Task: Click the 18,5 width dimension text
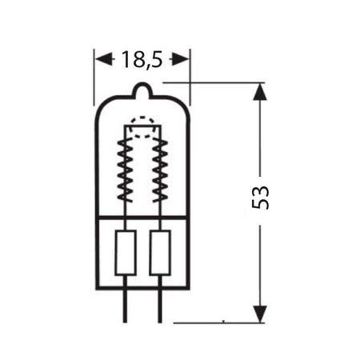[x=142, y=59]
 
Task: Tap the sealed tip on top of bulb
[x=142, y=90]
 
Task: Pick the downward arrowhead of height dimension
[x=259, y=312]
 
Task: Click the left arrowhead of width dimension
[x=102, y=59]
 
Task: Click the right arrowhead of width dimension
[x=184, y=59]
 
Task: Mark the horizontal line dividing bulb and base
[x=142, y=217]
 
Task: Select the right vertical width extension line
[x=190, y=68]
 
